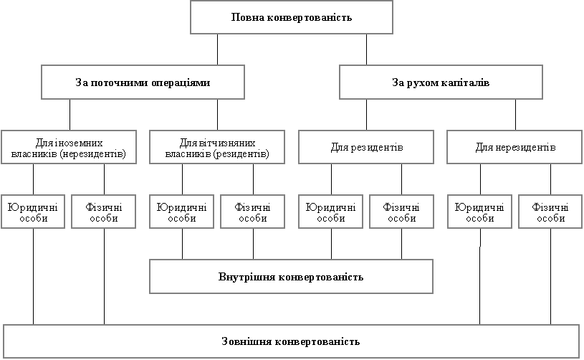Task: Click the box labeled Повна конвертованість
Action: click(292, 17)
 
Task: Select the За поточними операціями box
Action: click(143, 82)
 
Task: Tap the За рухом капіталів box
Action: click(441, 82)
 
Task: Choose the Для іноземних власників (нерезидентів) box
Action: click(69, 147)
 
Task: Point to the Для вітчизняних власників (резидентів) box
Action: click(217, 147)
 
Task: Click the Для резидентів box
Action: click(366, 147)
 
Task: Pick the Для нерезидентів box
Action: click(514, 147)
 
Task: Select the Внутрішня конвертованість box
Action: click(291, 277)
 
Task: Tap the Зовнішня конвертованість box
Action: click(291, 341)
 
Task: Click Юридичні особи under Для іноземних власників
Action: click(33, 212)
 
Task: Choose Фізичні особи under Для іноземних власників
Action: click(103, 212)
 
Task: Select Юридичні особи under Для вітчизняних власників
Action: click(182, 212)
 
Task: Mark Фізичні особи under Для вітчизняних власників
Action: click(252, 212)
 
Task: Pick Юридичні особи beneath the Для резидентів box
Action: click(331, 212)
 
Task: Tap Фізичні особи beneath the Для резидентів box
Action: click(401, 212)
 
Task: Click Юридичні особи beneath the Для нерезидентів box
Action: click(479, 212)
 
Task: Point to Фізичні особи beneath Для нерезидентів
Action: click(550, 212)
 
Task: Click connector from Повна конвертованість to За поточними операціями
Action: click(218, 49)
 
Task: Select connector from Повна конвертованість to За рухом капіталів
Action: click(366, 49)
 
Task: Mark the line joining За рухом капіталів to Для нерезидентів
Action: click(515, 115)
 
